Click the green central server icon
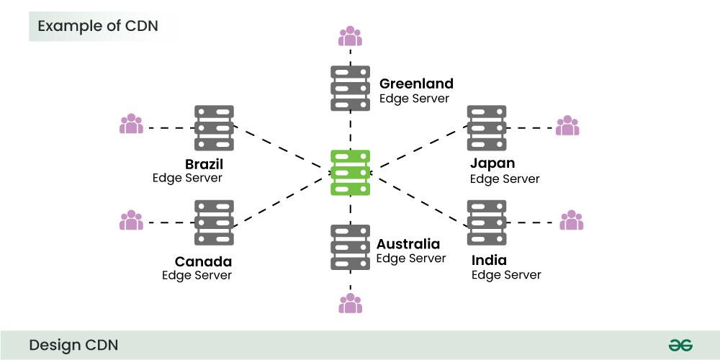351,172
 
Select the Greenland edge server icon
351,88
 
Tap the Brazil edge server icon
215,128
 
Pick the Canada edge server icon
215,222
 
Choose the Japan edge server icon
487,128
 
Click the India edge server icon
487,222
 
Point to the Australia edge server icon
351,247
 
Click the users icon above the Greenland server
351,35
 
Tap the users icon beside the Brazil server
131,124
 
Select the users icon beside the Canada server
131,220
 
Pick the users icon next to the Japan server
567,125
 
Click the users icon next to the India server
572,220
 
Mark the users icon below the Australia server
351,303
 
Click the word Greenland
416,84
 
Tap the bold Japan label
492,163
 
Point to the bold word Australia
408,244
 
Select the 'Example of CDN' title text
98,27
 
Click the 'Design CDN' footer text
73,345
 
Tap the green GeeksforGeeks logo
680,345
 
